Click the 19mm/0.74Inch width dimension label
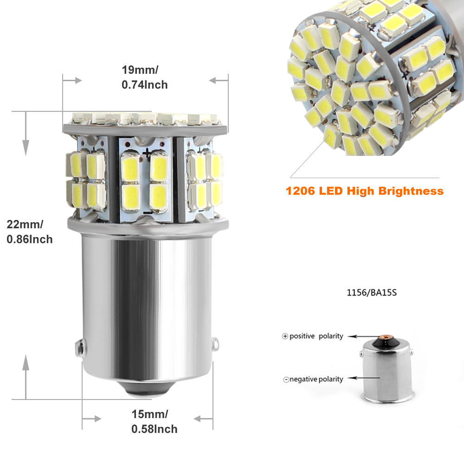click(144, 77)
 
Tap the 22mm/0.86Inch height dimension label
click(29, 232)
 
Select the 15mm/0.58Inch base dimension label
click(154, 422)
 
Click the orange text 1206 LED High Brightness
click(364, 191)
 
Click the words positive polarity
click(316, 336)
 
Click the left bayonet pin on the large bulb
click(79, 348)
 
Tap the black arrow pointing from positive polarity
click(361, 336)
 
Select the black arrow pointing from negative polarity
click(361, 379)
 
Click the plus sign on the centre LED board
click(147, 151)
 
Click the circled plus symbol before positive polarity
click(285, 336)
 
